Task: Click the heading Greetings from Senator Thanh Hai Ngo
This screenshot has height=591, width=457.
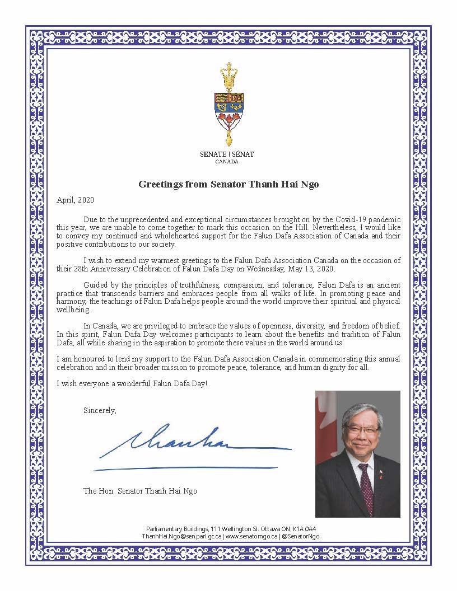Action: [228, 184]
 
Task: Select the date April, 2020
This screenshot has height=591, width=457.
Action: [76, 200]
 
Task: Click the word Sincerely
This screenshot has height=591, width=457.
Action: [100, 410]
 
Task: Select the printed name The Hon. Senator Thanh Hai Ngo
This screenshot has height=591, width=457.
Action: [140, 491]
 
